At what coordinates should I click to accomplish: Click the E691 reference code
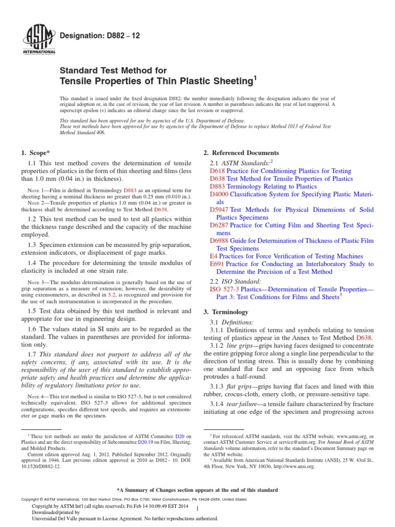(x=217, y=263)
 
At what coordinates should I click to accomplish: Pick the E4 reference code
(x=213, y=256)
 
